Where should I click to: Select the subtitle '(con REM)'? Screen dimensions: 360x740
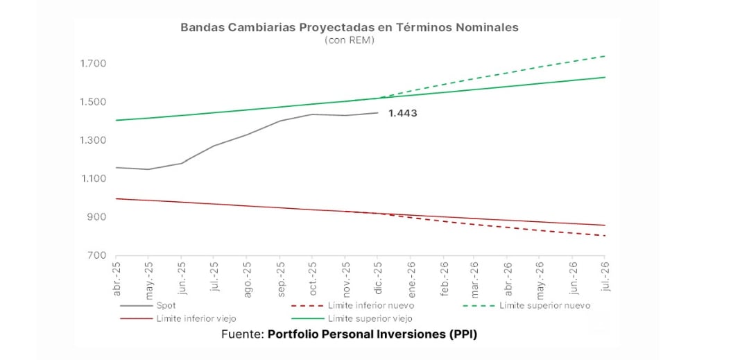(349, 40)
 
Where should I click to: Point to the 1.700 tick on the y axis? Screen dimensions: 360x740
(93, 64)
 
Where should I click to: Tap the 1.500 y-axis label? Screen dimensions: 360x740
(93, 102)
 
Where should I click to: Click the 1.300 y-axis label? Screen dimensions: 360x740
(93, 140)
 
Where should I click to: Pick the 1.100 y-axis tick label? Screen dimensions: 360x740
(93, 179)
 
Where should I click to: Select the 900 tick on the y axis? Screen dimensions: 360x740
(96, 217)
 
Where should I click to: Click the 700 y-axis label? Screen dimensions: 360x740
(96, 255)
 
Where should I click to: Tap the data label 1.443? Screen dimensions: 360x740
(403, 113)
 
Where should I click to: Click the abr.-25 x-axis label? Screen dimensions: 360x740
(117, 277)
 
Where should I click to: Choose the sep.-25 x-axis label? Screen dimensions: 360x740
(279, 277)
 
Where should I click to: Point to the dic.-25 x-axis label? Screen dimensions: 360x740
(378, 277)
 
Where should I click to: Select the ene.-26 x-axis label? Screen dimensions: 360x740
(411, 277)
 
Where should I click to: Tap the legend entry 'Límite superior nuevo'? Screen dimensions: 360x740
(544, 305)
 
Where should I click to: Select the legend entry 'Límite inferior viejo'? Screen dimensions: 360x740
(196, 318)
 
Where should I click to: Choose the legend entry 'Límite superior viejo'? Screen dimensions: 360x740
(370, 318)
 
